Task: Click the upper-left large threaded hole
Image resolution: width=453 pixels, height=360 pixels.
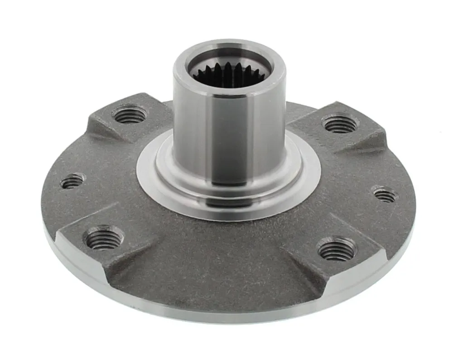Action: point(130,114)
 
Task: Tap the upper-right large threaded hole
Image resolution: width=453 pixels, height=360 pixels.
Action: point(339,124)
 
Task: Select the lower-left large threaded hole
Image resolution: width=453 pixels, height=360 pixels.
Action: point(104,238)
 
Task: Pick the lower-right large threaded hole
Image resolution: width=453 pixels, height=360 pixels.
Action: point(337,249)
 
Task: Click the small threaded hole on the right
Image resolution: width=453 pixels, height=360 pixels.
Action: point(385,195)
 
